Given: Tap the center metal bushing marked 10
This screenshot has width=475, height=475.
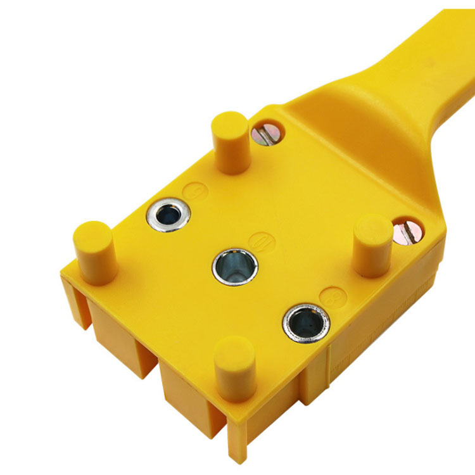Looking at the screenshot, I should click(x=234, y=266).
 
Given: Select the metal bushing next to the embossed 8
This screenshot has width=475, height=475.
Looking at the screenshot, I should click(x=306, y=322).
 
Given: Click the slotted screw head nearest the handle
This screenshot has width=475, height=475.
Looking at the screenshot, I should click(x=267, y=133).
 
